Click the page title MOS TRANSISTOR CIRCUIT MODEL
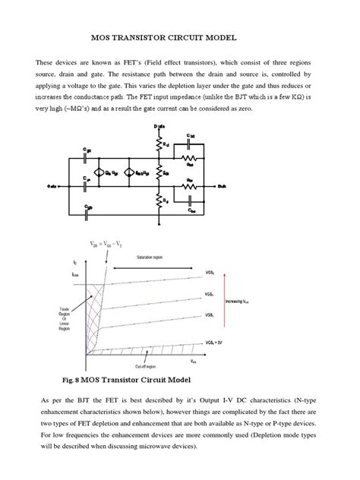(180, 36)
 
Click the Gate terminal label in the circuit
(52, 185)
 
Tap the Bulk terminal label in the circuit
(243, 185)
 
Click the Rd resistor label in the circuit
(165, 143)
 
